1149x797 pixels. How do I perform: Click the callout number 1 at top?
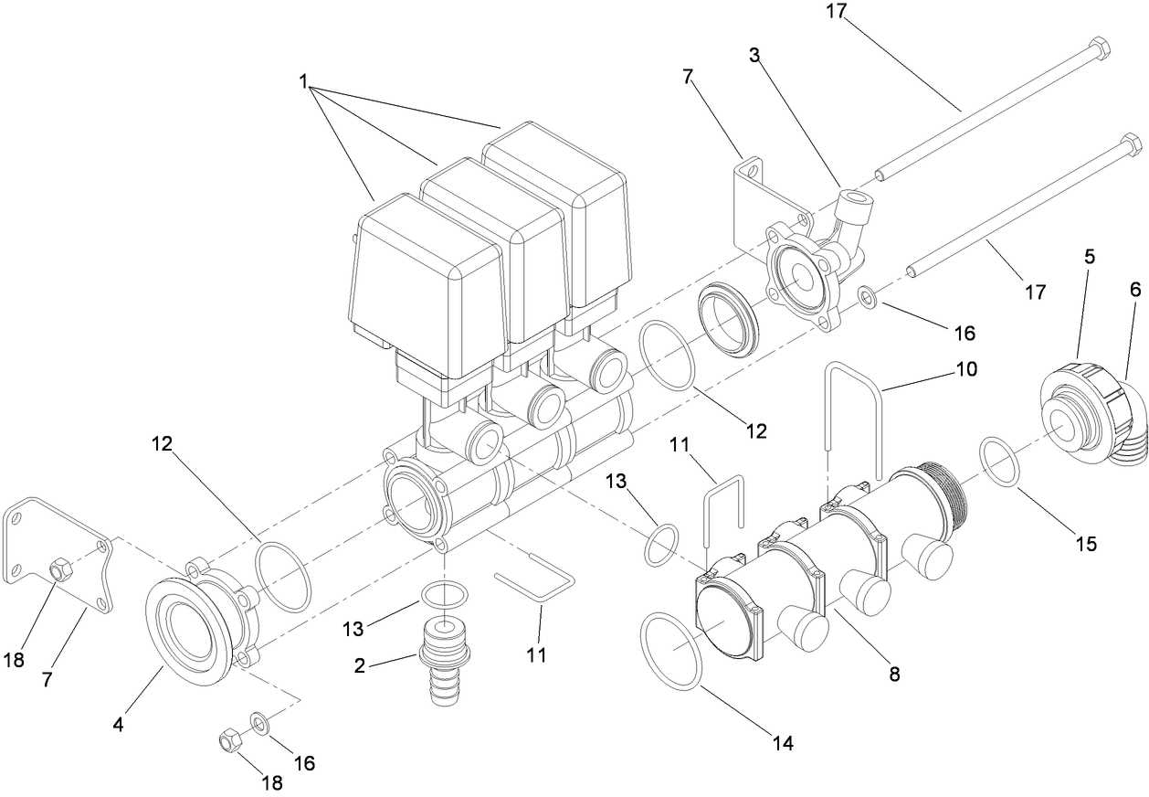303,80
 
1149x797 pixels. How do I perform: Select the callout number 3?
754,54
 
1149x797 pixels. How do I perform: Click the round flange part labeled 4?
187,633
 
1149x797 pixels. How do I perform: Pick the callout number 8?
894,675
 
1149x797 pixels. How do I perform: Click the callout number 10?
966,369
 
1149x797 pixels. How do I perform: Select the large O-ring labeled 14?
672,651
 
